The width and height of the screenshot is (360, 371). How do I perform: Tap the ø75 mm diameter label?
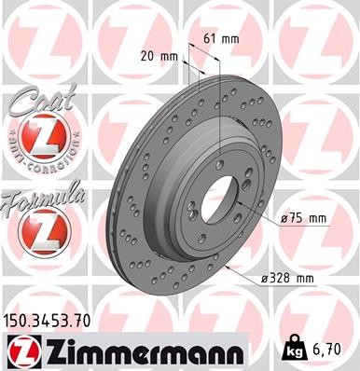tap(304, 218)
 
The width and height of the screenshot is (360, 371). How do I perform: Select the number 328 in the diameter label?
tap(299, 279)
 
